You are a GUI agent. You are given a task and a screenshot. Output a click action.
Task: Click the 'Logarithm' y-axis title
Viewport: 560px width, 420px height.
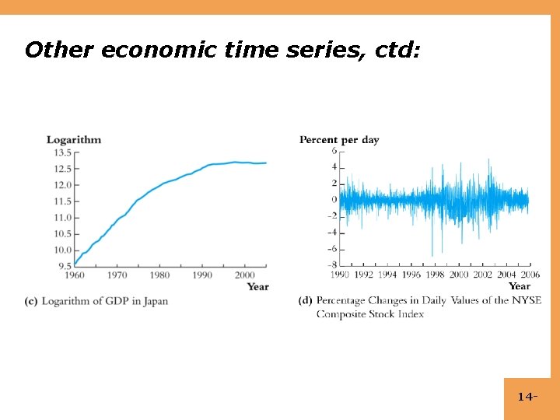point(74,140)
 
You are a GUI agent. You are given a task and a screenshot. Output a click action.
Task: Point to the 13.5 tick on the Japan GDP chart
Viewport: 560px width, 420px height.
point(63,152)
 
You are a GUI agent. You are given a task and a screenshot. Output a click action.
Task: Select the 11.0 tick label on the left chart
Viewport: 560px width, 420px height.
point(63,218)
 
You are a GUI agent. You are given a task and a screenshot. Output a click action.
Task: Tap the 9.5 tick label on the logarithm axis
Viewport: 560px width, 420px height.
point(65,266)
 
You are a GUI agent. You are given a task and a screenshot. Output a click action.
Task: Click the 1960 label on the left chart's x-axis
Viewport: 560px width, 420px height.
point(75,275)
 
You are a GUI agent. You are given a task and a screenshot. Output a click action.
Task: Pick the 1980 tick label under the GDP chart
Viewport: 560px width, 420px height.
point(159,275)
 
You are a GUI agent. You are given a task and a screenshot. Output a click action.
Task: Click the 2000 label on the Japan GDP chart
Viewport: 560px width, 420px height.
point(244,275)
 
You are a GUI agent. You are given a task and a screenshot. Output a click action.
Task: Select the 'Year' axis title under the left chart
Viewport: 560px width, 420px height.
point(257,286)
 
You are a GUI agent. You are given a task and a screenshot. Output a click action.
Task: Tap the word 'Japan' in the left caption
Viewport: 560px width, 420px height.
point(155,301)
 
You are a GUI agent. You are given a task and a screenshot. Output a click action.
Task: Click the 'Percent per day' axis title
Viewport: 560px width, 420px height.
point(339,140)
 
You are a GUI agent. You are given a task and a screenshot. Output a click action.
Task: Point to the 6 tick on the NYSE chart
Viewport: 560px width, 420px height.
point(334,151)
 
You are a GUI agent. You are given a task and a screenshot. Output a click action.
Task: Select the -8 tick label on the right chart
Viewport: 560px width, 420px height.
point(331,265)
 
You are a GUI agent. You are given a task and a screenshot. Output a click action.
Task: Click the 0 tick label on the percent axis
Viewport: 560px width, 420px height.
point(334,200)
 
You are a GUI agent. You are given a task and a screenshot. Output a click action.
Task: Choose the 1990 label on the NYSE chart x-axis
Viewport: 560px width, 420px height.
point(340,275)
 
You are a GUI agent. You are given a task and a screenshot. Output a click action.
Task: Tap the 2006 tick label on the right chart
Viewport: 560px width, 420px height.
point(530,275)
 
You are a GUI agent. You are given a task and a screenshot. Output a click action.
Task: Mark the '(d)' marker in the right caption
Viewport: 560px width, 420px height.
point(306,301)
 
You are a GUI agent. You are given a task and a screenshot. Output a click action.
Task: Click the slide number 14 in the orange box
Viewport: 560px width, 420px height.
point(526,397)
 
